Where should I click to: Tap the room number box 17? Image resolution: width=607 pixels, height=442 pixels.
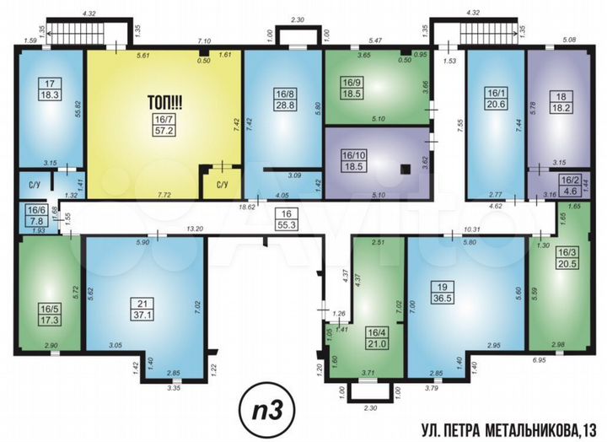[x=47, y=84]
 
